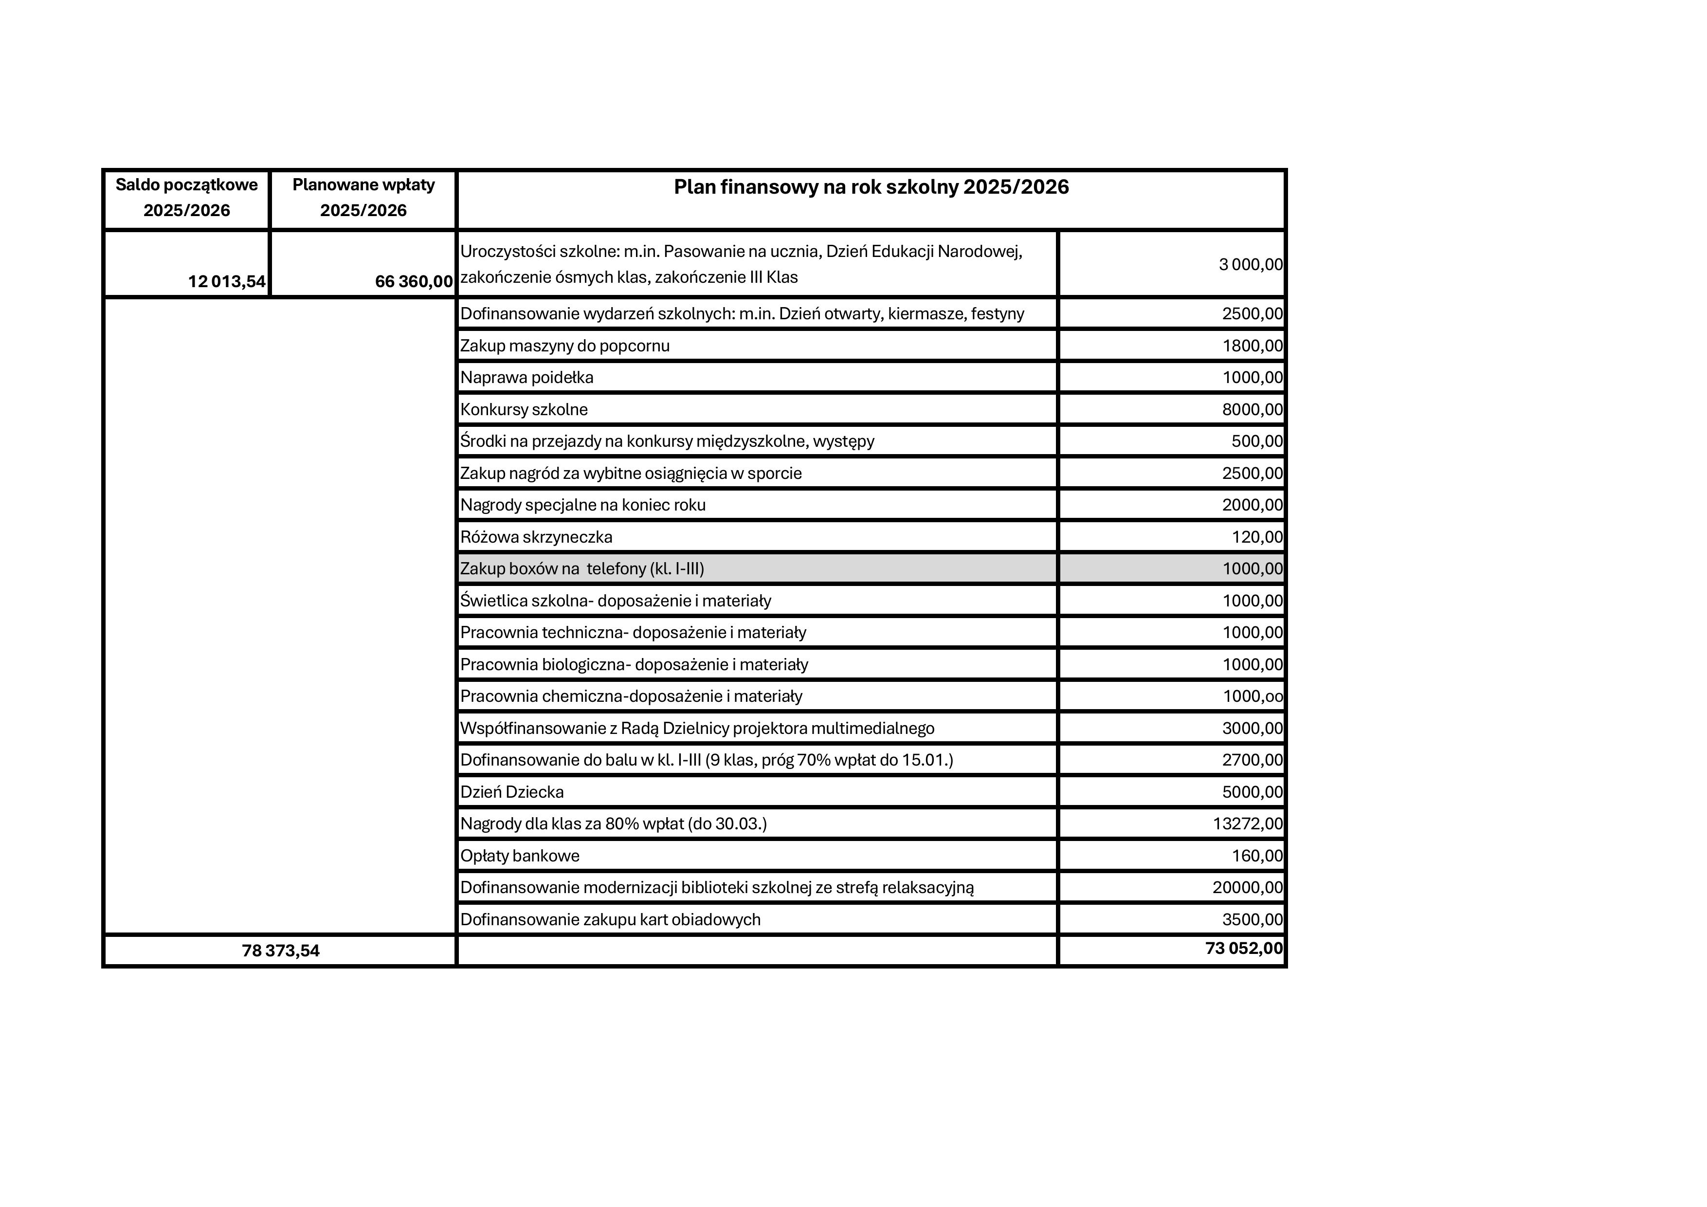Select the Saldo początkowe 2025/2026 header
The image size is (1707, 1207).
pos(186,198)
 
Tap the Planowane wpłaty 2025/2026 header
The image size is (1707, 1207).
pos(363,198)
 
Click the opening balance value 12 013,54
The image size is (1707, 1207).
pos(227,282)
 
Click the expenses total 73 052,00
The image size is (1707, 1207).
pos(1244,948)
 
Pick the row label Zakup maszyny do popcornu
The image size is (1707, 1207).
pos(564,346)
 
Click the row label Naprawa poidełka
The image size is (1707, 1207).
pos(527,378)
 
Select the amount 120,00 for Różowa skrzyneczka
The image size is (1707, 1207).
pos(1257,537)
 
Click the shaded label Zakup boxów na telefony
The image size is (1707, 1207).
pos(581,569)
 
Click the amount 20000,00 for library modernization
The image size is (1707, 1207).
pos(1248,887)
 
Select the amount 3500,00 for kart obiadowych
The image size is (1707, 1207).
pos(1252,920)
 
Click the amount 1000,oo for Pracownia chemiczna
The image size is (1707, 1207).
pos(1253,696)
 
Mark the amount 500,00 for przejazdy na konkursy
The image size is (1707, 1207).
pos(1256,441)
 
